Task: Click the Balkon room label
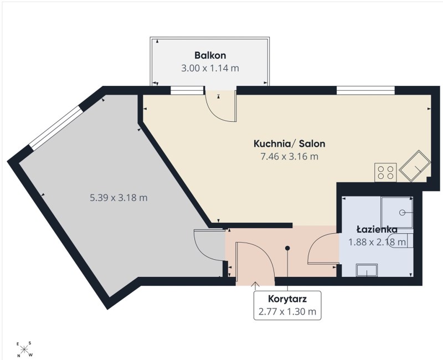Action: (210, 55)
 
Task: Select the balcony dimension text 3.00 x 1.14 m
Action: (210, 68)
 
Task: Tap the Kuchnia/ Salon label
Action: (289, 143)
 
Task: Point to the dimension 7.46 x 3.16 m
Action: (289, 156)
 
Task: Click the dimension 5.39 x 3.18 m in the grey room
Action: (119, 198)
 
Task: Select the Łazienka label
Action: (377, 229)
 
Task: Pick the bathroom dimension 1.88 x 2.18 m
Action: (378, 242)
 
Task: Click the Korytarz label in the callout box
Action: (287, 299)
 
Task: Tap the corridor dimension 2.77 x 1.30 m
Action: (287, 311)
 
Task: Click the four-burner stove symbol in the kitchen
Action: (385, 172)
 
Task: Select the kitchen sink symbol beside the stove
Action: (415, 167)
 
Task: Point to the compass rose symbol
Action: (24, 349)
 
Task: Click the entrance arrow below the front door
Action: (255, 286)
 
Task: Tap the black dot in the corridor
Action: (287, 248)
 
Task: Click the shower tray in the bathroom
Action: (396, 212)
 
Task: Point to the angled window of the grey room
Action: (56, 128)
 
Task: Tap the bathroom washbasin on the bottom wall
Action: (367, 270)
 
